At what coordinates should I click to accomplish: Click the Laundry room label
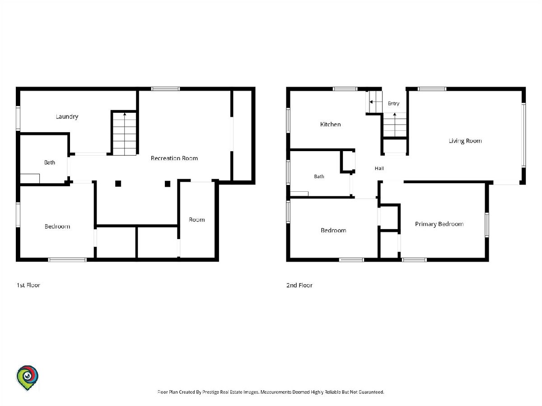(x=67, y=116)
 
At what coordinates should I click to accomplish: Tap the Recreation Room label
(x=174, y=158)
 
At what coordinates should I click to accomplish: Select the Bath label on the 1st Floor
(x=49, y=162)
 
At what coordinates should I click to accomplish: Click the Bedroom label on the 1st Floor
(x=57, y=226)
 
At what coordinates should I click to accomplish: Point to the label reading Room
(x=197, y=220)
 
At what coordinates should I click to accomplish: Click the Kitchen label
(x=330, y=124)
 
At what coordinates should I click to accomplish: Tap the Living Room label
(x=465, y=141)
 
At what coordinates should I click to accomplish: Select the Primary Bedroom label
(x=439, y=224)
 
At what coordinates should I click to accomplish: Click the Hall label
(x=379, y=168)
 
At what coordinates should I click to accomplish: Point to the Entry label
(x=393, y=104)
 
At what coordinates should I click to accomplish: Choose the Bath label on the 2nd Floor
(x=319, y=176)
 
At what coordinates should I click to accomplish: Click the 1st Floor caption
(x=28, y=285)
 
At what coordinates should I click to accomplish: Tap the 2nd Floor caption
(x=299, y=285)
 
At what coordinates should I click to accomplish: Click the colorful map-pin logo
(x=27, y=378)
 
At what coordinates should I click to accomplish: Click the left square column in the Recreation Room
(x=118, y=184)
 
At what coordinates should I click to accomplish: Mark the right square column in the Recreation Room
(x=168, y=184)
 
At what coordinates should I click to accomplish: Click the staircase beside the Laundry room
(x=125, y=134)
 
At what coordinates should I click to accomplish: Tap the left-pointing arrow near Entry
(x=376, y=102)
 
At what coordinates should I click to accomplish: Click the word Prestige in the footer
(x=210, y=392)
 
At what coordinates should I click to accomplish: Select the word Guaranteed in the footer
(x=371, y=392)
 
